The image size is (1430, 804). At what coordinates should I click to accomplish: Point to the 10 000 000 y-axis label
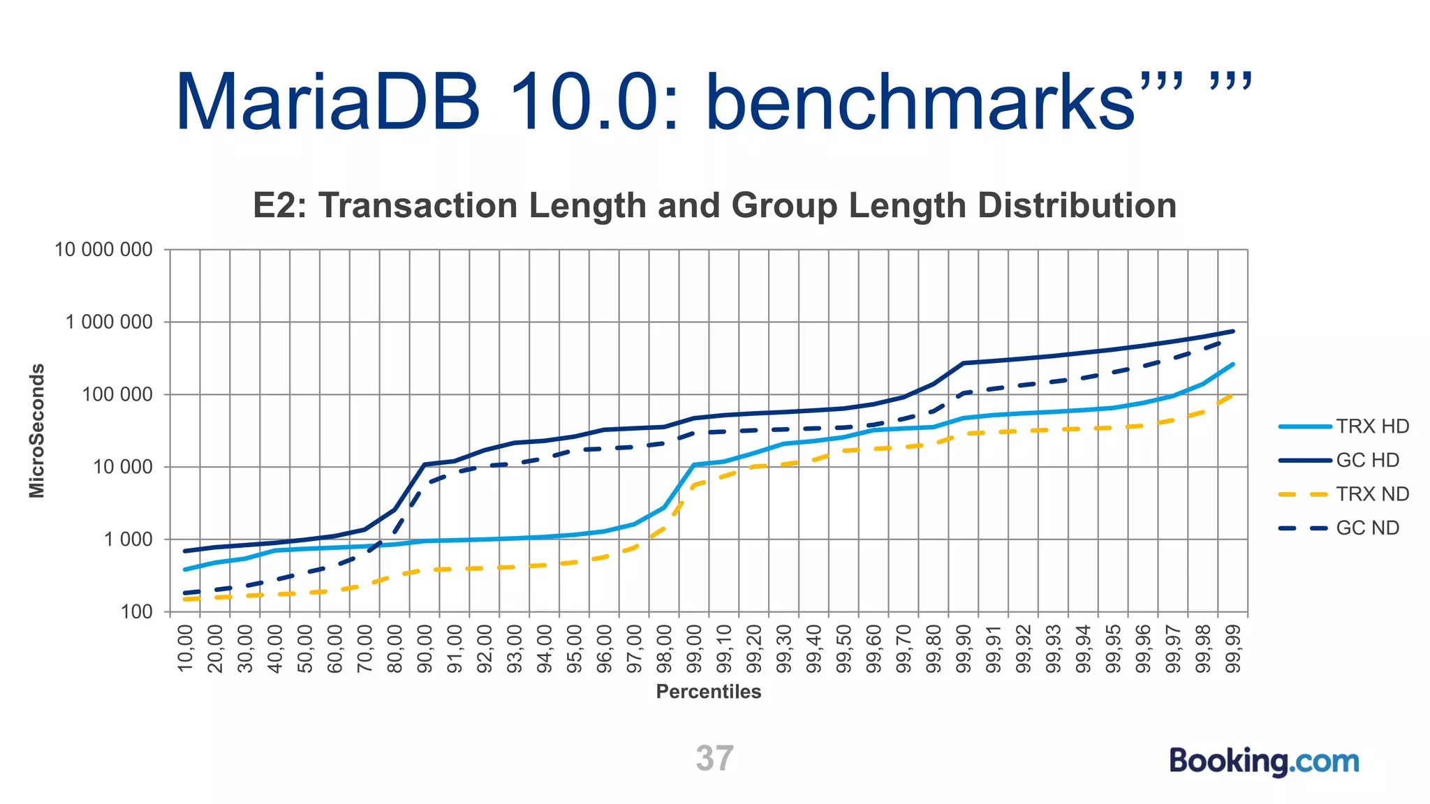[x=103, y=250]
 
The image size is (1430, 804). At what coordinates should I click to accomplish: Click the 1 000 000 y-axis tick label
[x=109, y=322]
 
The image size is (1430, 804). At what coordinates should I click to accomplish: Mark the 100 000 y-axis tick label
[x=117, y=395]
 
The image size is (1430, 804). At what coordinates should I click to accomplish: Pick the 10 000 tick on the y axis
[x=122, y=467]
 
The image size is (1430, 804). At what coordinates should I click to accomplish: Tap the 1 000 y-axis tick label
[x=128, y=539]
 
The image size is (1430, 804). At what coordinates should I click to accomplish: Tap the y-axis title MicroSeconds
[x=37, y=431]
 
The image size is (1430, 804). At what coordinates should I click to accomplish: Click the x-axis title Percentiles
[x=708, y=692]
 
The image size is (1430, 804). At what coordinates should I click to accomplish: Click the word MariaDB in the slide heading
[x=327, y=103]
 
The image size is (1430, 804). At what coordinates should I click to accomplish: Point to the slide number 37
[x=714, y=759]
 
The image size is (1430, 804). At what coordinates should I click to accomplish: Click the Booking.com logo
[x=1264, y=761]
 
